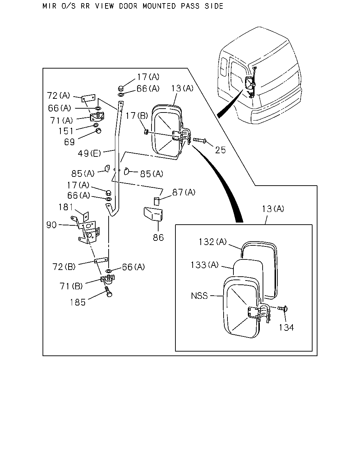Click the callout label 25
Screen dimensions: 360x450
(220, 150)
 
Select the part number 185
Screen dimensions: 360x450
(78, 302)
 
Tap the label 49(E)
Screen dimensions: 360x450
(89, 154)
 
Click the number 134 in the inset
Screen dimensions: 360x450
(287, 327)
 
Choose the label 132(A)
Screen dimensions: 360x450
(213, 242)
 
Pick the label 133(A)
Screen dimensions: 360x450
(205, 265)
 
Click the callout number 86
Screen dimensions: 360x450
(158, 238)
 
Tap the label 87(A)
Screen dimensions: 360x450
(184, 192)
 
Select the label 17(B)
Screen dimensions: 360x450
(137, 116)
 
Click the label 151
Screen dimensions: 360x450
(66, 131)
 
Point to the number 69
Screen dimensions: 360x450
(69, 142)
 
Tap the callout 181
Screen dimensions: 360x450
(65, 207)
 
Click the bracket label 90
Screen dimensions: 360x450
(51, 225)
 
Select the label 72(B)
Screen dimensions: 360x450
(64, 267)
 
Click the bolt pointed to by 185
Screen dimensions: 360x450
(109, 291)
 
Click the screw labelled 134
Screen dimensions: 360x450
(283, 308)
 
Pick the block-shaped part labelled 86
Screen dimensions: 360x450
(153, 214)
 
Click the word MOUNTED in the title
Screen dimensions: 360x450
(159, 6)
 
